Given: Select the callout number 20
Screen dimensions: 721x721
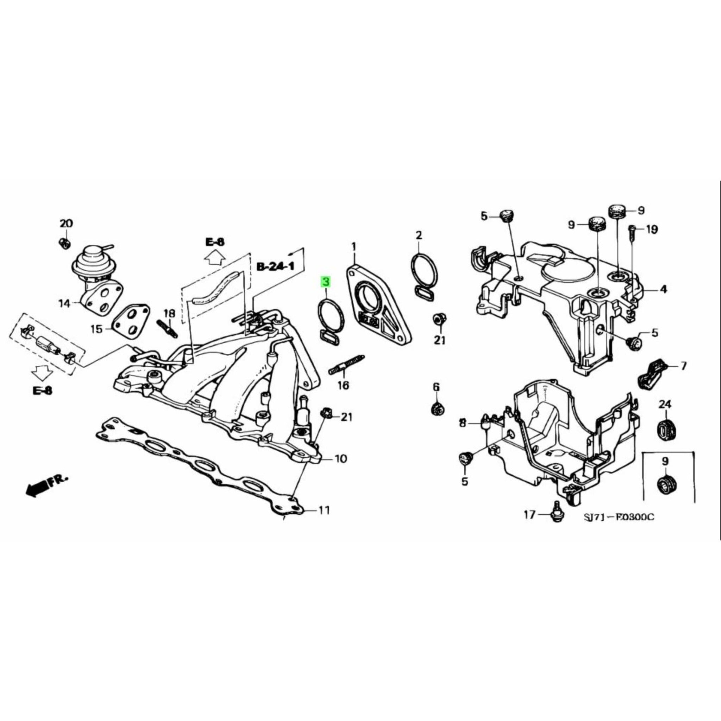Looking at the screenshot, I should click(67, 224).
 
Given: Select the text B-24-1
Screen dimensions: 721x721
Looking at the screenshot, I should click(275, 267).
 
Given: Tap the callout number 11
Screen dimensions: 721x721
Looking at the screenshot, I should click(324, 510).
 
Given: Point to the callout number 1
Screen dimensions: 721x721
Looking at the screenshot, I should click(353, 247).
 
